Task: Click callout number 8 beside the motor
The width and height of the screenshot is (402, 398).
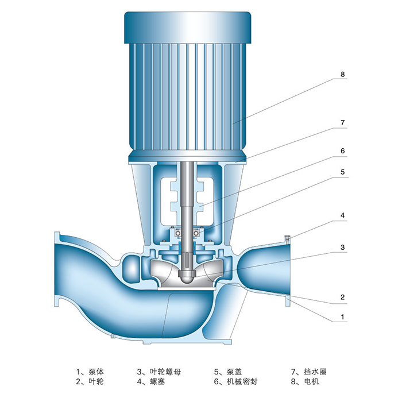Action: [342, 74]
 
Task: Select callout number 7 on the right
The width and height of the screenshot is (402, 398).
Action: [342, 122]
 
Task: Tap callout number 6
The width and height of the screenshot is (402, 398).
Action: [342, 151]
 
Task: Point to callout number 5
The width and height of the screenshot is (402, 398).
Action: [342, 172]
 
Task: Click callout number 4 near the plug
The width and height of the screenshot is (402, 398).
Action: [342, 215]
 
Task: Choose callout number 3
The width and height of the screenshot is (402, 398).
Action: [342, 247]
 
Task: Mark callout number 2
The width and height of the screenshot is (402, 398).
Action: [342, 297]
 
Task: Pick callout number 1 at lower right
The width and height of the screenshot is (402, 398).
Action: [342, 317]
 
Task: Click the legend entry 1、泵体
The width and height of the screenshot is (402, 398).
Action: [90, 372]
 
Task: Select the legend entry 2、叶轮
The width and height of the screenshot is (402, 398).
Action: [90, 381]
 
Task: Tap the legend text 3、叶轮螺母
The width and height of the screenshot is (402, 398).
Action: [159, 372]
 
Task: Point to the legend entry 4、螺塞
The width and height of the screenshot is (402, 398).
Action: [150, 381]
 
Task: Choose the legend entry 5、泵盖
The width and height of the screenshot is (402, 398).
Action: [228, 372]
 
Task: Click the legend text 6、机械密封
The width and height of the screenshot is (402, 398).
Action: [235, 381]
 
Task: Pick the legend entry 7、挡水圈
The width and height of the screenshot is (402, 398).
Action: [309, 372]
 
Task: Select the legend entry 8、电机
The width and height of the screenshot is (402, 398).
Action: [305, 381]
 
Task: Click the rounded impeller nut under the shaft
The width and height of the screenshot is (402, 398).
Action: [187, 277]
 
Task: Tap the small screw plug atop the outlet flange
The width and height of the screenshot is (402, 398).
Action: [287, 239]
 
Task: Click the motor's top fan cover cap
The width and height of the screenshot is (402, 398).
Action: [187, 28]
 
